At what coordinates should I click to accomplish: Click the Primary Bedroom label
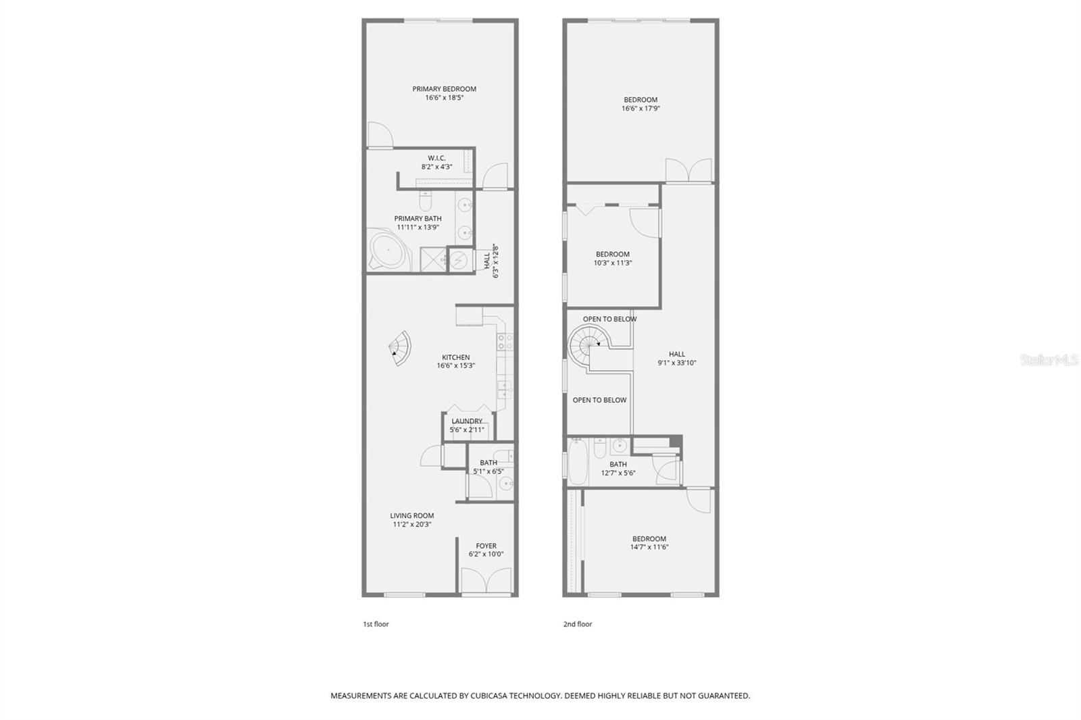click(444, 89)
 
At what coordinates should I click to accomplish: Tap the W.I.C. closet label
click(436, 158)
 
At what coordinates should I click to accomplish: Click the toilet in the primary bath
click(425, 201)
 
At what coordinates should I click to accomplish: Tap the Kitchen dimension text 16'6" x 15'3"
click(455, 366)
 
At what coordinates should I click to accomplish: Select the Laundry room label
click(467, 421)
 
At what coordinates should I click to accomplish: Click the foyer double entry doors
click(486, 582)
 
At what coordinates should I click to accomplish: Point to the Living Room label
click(411, 515)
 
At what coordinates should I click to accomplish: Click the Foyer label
click(486, 546)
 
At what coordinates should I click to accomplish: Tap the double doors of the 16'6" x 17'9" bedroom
click(688, 170)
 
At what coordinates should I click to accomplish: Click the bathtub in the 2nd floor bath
click(578, 462)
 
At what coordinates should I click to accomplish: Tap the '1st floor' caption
click(376, 624)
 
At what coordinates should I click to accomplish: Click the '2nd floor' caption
click(577, 624)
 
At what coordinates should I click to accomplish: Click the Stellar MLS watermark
click(1048, 361)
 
